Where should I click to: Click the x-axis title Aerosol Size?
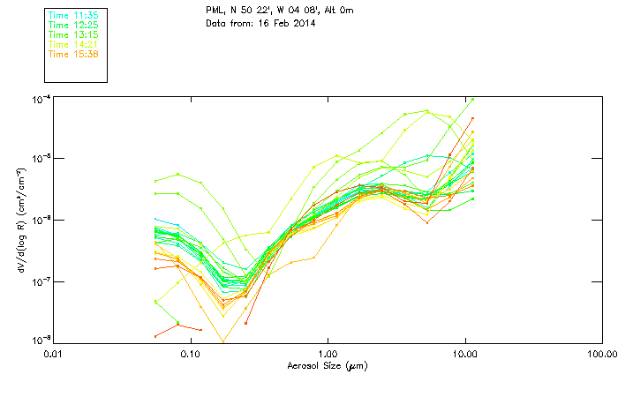point(327,364)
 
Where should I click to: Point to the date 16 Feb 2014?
point(283,24)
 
